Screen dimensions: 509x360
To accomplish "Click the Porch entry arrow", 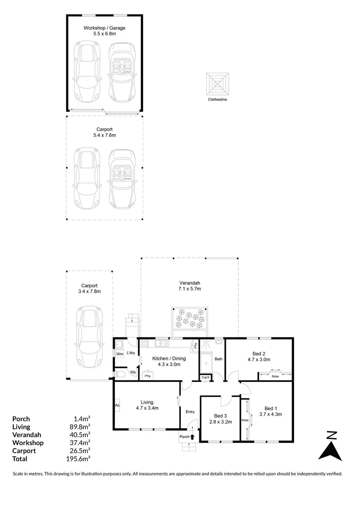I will click(x=192, y=437).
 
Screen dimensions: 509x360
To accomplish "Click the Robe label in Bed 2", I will click(x=275, y=377).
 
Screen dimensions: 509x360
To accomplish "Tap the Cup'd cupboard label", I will click(x=205, y=377).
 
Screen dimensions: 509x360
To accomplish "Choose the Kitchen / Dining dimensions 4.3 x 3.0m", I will click(x=169, y=365).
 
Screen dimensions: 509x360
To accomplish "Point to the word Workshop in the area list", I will click(x=28, y=443).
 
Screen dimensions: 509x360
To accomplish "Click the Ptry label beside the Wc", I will click(x=147, y=376).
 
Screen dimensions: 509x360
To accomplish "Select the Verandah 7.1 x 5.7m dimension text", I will click(x=189, y=289).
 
